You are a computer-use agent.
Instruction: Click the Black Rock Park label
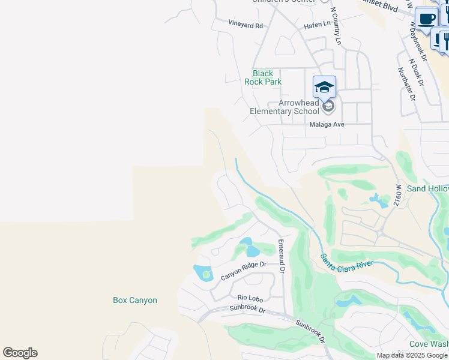(267, 77)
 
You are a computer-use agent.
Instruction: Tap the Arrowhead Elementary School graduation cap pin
(324, 88)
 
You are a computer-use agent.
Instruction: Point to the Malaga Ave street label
(327, 125)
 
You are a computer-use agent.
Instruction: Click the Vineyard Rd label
(246, 25)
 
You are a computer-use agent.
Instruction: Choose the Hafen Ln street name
(318, 24)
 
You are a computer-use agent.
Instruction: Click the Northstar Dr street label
(406, 83)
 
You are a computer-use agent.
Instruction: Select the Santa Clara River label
(348, 260)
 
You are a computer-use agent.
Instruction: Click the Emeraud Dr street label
(280, 256)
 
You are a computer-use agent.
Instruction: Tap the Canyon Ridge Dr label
(243, 271)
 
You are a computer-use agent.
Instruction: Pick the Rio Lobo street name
(250, 297)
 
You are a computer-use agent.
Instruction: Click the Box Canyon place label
(135, 300)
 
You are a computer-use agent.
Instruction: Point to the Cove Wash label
(429, 344)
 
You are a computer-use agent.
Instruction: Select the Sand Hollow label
(427, 188)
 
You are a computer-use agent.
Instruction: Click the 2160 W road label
(397, 196)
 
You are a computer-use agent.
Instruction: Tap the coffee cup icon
(427, 19)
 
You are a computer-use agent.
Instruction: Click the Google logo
(20, 353)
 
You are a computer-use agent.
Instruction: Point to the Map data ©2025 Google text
(412, 355)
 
